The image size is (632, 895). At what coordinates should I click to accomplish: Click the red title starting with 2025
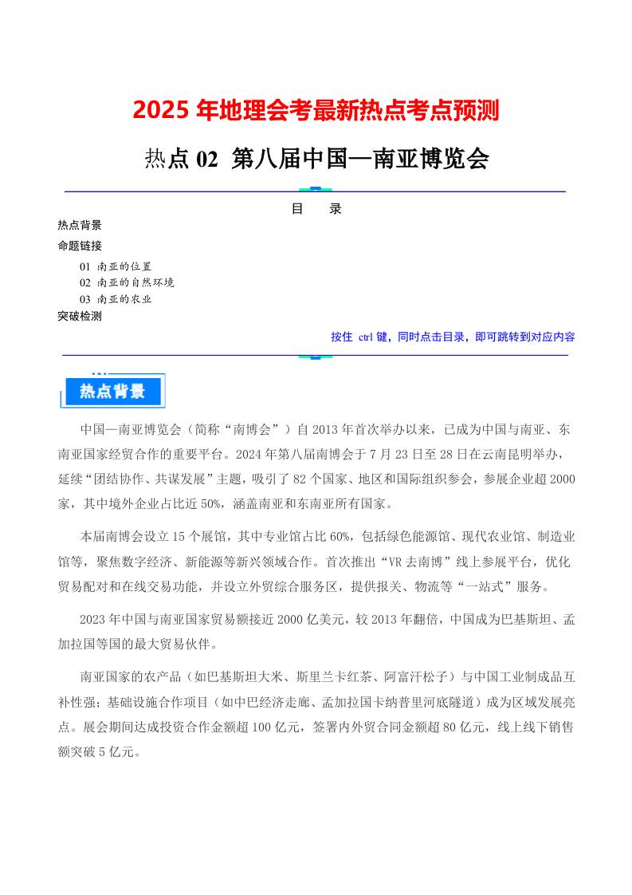(x=316, y=110)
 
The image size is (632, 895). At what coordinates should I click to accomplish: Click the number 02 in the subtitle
(x=206, y=160)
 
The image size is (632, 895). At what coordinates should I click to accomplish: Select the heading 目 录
(x=316, y=209)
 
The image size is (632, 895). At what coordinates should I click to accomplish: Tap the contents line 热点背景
(x=80, y=225)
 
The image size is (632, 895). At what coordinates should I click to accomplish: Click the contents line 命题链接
(x=80, y=246)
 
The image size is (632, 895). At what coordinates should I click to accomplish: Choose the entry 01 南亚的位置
(x=116, y=266)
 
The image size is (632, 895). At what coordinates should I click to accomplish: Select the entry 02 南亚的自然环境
(x=127, y=282)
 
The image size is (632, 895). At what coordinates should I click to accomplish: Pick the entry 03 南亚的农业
(x=116, y=299)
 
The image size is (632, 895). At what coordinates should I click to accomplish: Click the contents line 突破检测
(x=80, y=316)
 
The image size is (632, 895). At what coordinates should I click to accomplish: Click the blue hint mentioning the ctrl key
(x=453, y=337)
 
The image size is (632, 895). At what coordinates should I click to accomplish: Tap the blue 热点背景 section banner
(x=112, y=391)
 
